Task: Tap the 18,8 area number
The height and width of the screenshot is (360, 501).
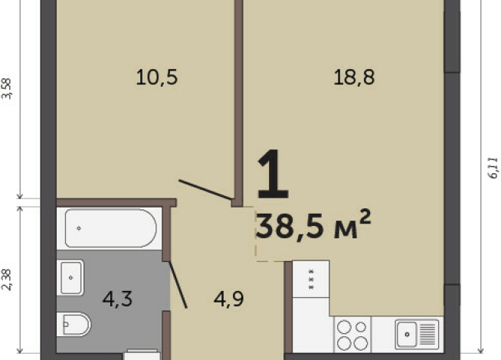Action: pyautogui.click(x=354, y=77)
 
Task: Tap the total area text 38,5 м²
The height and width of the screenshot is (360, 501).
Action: pyautogui.click(x=314, y=225)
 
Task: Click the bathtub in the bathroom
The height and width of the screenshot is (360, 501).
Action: pyautogui.click(x=110, y=228)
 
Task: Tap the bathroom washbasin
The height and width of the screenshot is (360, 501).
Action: pyautogui.click(x=70, y=277)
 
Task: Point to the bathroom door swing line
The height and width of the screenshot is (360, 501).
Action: pyautogui.click(x=178, y=284)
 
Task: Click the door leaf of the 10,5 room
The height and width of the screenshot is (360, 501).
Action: pyautogui.click(x=206, y=191)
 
